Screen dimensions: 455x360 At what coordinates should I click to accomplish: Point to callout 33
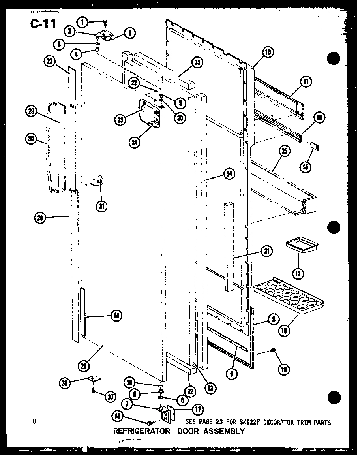point(197,62)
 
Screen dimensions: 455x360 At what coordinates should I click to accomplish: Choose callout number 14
point(305,167)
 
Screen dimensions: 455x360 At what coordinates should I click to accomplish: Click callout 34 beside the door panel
point(228,174)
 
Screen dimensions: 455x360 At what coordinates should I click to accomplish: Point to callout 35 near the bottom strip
point(116,316)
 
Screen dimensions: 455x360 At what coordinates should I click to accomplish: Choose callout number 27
point(50,61)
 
